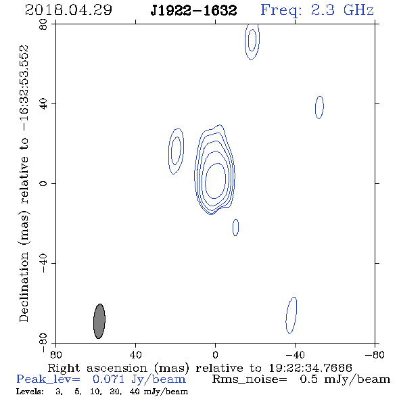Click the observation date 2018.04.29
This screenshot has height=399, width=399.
[x=68, y=10]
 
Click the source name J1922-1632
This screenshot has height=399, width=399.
[x=193, y=11]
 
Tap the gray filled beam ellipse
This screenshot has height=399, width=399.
[x=99, y=321]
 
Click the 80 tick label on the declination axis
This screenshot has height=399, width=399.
[x=43, y=24]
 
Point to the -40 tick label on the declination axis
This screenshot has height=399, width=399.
[x=43, y=263]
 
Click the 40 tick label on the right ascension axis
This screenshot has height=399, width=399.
[x=135, y=355]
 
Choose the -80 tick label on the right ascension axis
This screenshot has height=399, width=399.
[x=375, y=355]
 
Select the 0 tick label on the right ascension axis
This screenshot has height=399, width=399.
[x=215, y=355]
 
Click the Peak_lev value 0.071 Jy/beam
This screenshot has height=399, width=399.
[x=139, y=379]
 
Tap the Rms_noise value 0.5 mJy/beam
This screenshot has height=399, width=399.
[x=345, y=379]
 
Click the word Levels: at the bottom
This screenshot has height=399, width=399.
[x=30, y=392]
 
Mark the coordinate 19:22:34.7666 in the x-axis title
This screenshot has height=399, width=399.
[x=310, y=368]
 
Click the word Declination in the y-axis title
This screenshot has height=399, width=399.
[x=24, y=287]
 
